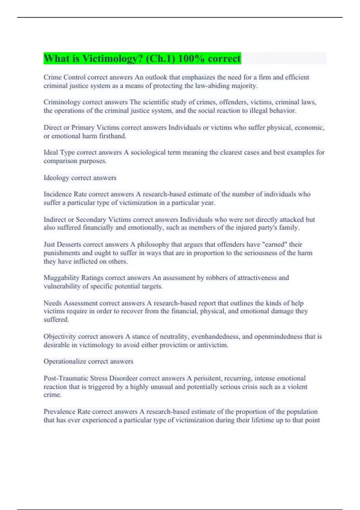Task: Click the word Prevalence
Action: (x=59, y=412)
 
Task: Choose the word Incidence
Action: (x=58, y=194)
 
